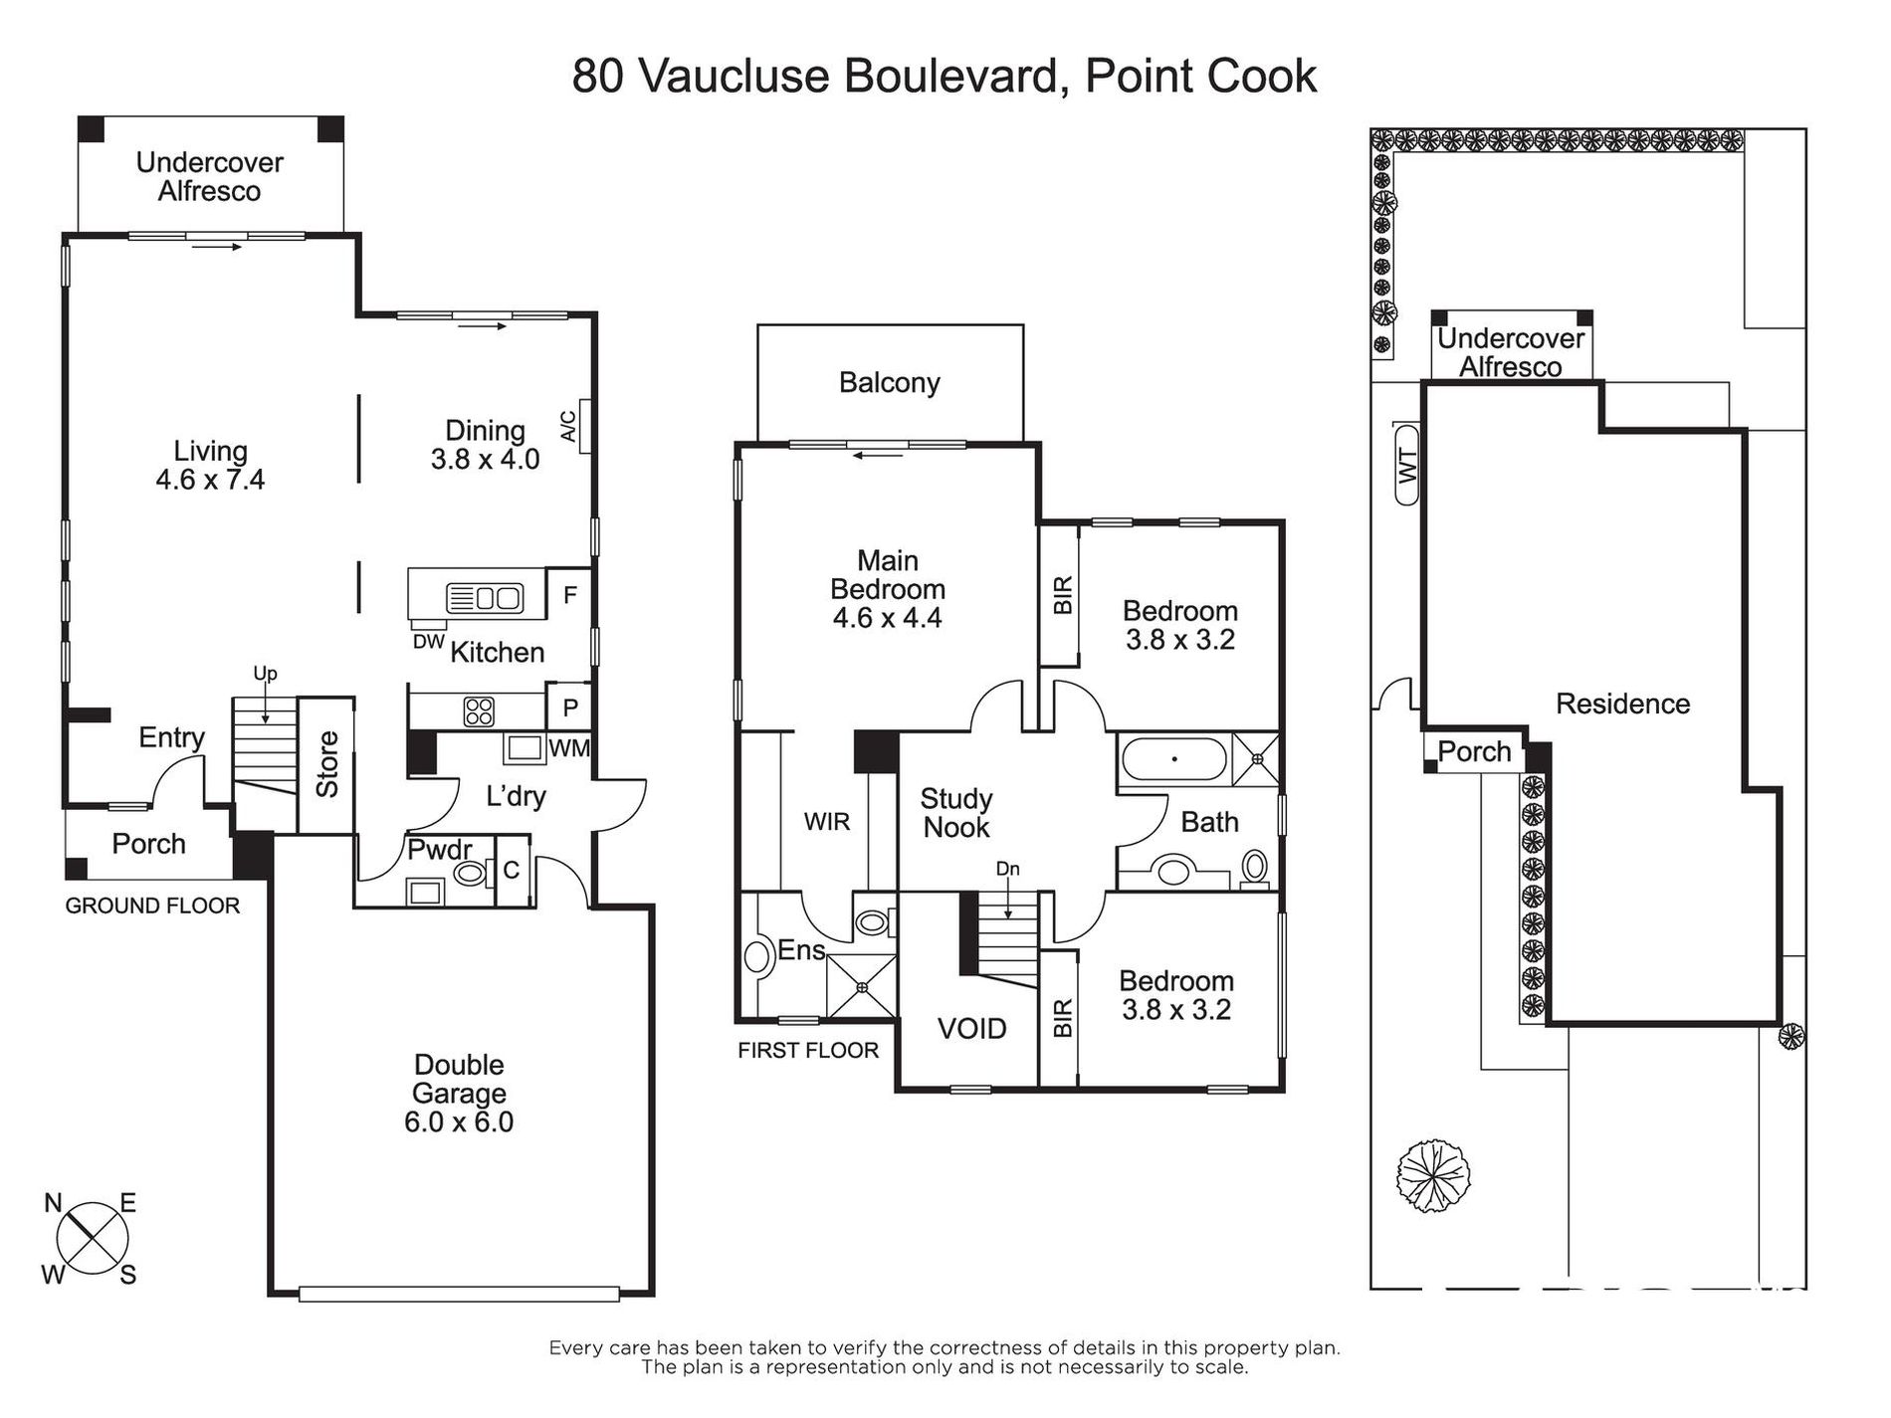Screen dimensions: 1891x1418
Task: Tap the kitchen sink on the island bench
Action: tap(485, 598)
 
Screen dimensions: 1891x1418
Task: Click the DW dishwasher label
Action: tap(428, 642)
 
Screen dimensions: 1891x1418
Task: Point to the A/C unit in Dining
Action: tap(584, 426)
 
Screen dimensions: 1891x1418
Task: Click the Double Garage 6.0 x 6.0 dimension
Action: tap(459, 1122)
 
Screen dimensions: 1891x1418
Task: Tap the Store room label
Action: tap(327, 764)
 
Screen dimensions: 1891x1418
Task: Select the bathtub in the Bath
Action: tap(1174, 759)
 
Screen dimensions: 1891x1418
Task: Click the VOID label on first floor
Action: tap(972, 1029)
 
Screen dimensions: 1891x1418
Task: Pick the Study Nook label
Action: tap(955, 813)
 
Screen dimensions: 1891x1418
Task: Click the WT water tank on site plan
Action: tap(1407, 464)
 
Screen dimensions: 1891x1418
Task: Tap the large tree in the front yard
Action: tap(1433, 1175)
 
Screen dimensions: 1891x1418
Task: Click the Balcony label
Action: tap(890, 383)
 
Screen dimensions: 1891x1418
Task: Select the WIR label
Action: tap(827, 822)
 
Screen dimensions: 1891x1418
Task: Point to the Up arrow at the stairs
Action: tap(266, 709)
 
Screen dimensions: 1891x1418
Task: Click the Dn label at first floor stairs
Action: tap(1008, 869)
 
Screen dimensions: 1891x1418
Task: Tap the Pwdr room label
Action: tap(439, 851)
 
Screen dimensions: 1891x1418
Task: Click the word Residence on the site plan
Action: tap(1622, 705)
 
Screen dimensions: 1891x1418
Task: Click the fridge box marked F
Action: tap(570, 594)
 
